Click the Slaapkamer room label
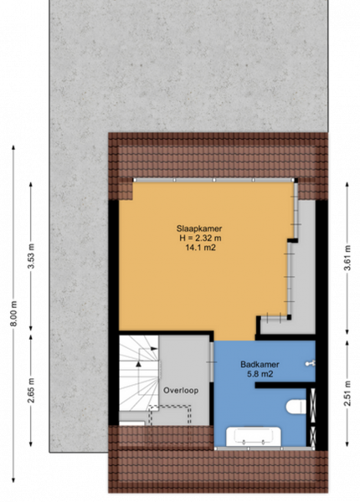pyautogui.click(x=199, y=228)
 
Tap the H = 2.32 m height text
pyautogui.click(x=200, y=238)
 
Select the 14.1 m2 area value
pyautogui.click(x=200, y=247)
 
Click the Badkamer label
pyautogui.click(x=260, y=364)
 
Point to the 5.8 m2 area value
pyautogui.click(x=260, y=374)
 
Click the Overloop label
pyautogui.click(x=181, y=390)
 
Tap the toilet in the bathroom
pyautogui.click(x=296, y=406)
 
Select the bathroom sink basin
pyautogui.click(x=254, y=436)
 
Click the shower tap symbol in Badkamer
pyautogui.click(x=310, y=363)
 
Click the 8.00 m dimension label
pyautogui.click(x=13, y=314)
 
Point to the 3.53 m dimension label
pyautogui.click(x=31, y=256)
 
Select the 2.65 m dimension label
pyautogui.click(x=31, y=391)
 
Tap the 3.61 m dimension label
pyautogui.click(x=347, y=258)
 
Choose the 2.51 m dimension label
pyautogui.click(x=347, y=393)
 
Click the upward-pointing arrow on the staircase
pyautogui.click(x=138, y=364)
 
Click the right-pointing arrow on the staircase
pyautogui.click(x=154, y=348)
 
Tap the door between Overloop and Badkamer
pyautogui.click(x=211, y=361)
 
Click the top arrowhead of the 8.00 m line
pyautogui.click(x=13, y=147)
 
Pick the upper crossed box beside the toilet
pyautogui.click(x=313, y=401)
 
